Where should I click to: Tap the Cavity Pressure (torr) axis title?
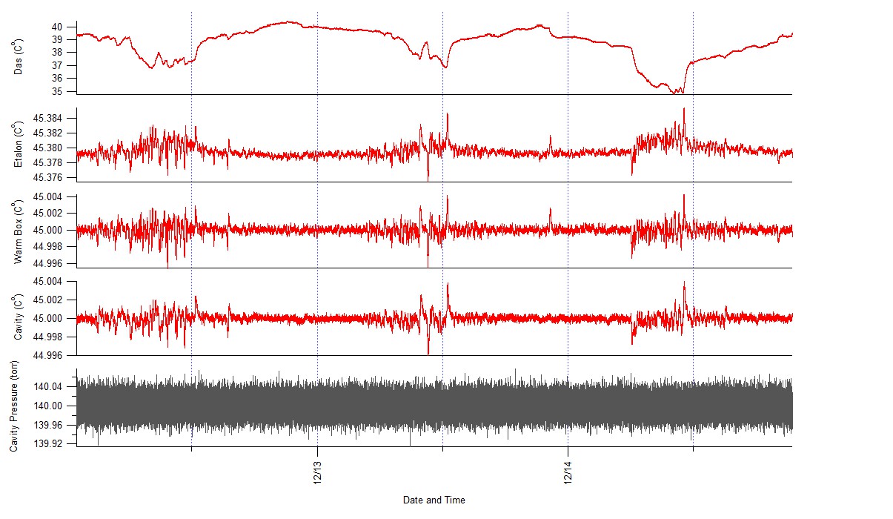[14, 407]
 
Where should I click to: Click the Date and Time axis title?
[434, 500]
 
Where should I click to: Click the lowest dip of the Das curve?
[673, 93]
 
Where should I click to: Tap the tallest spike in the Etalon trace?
[683, 108]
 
